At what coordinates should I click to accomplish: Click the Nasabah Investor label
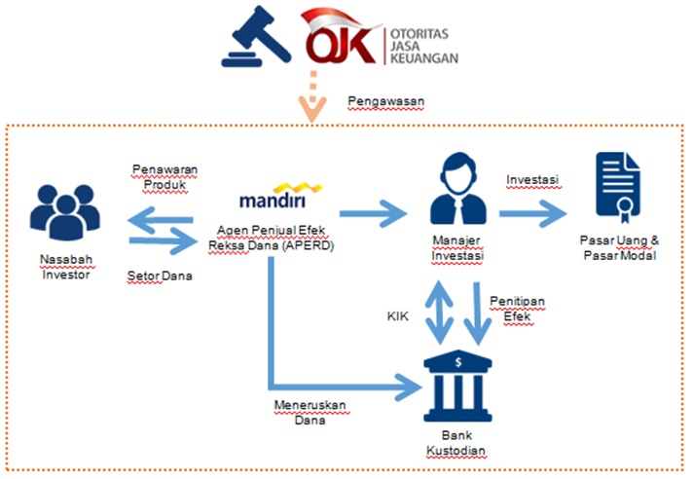(x=66, y=268)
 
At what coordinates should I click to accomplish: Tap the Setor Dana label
(x=160, y=276)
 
